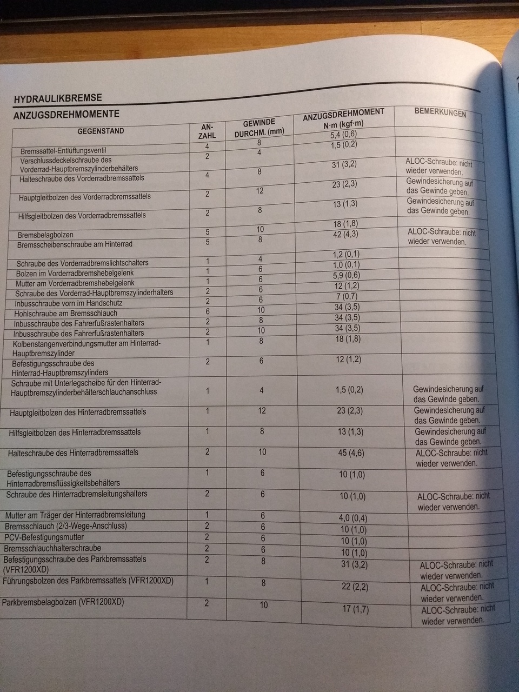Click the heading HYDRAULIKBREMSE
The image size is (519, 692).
(x=58, y=98)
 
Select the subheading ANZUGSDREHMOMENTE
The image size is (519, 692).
(x=66, y=115)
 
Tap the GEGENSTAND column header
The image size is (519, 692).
(x=101, y=131)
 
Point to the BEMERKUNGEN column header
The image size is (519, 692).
(x=440, y=114)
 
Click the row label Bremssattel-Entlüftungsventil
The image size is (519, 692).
(x=70, y=151)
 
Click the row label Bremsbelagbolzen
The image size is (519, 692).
(x=45, y=235)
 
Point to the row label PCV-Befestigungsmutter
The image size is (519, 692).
(x=44, y=537)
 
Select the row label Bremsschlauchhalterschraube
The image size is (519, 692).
(x=52, y=548)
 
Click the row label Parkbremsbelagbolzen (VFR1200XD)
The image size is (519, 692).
(x=63, y=602)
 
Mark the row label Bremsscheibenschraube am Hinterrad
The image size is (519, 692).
(x=75, y=244)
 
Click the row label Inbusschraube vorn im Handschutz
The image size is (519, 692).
(x=69, y=303)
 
